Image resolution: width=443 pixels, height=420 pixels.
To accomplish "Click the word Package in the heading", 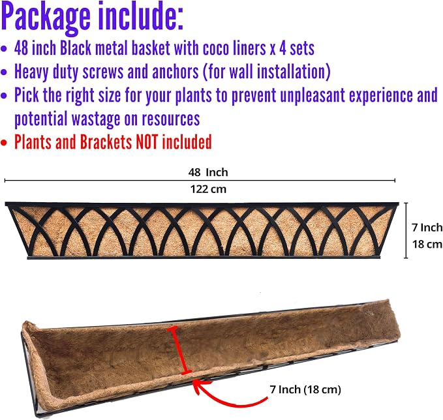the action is coord(46,18).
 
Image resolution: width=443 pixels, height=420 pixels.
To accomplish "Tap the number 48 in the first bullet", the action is coord(21,48).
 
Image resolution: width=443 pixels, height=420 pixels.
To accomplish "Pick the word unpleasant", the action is coord(313,95).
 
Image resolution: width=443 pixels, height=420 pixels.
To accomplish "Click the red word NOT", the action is coord(147,142).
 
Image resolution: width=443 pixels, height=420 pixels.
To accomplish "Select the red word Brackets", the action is coord(106,142).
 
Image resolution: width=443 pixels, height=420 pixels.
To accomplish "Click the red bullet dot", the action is coord(4,143).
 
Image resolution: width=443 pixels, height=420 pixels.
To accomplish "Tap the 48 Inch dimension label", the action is coord(208,172).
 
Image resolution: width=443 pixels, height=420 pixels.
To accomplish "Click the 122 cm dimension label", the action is coord(208,189).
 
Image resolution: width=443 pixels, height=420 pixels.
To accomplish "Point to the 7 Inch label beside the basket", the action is coord(427,228).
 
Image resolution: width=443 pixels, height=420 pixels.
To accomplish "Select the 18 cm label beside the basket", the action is coord(427,244).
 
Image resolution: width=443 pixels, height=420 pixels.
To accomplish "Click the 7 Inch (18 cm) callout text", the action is coord(305,389).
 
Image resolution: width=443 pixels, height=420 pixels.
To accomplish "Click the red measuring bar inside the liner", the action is coord(179,350).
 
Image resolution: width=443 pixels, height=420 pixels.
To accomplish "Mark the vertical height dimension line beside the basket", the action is coord(406,230).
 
